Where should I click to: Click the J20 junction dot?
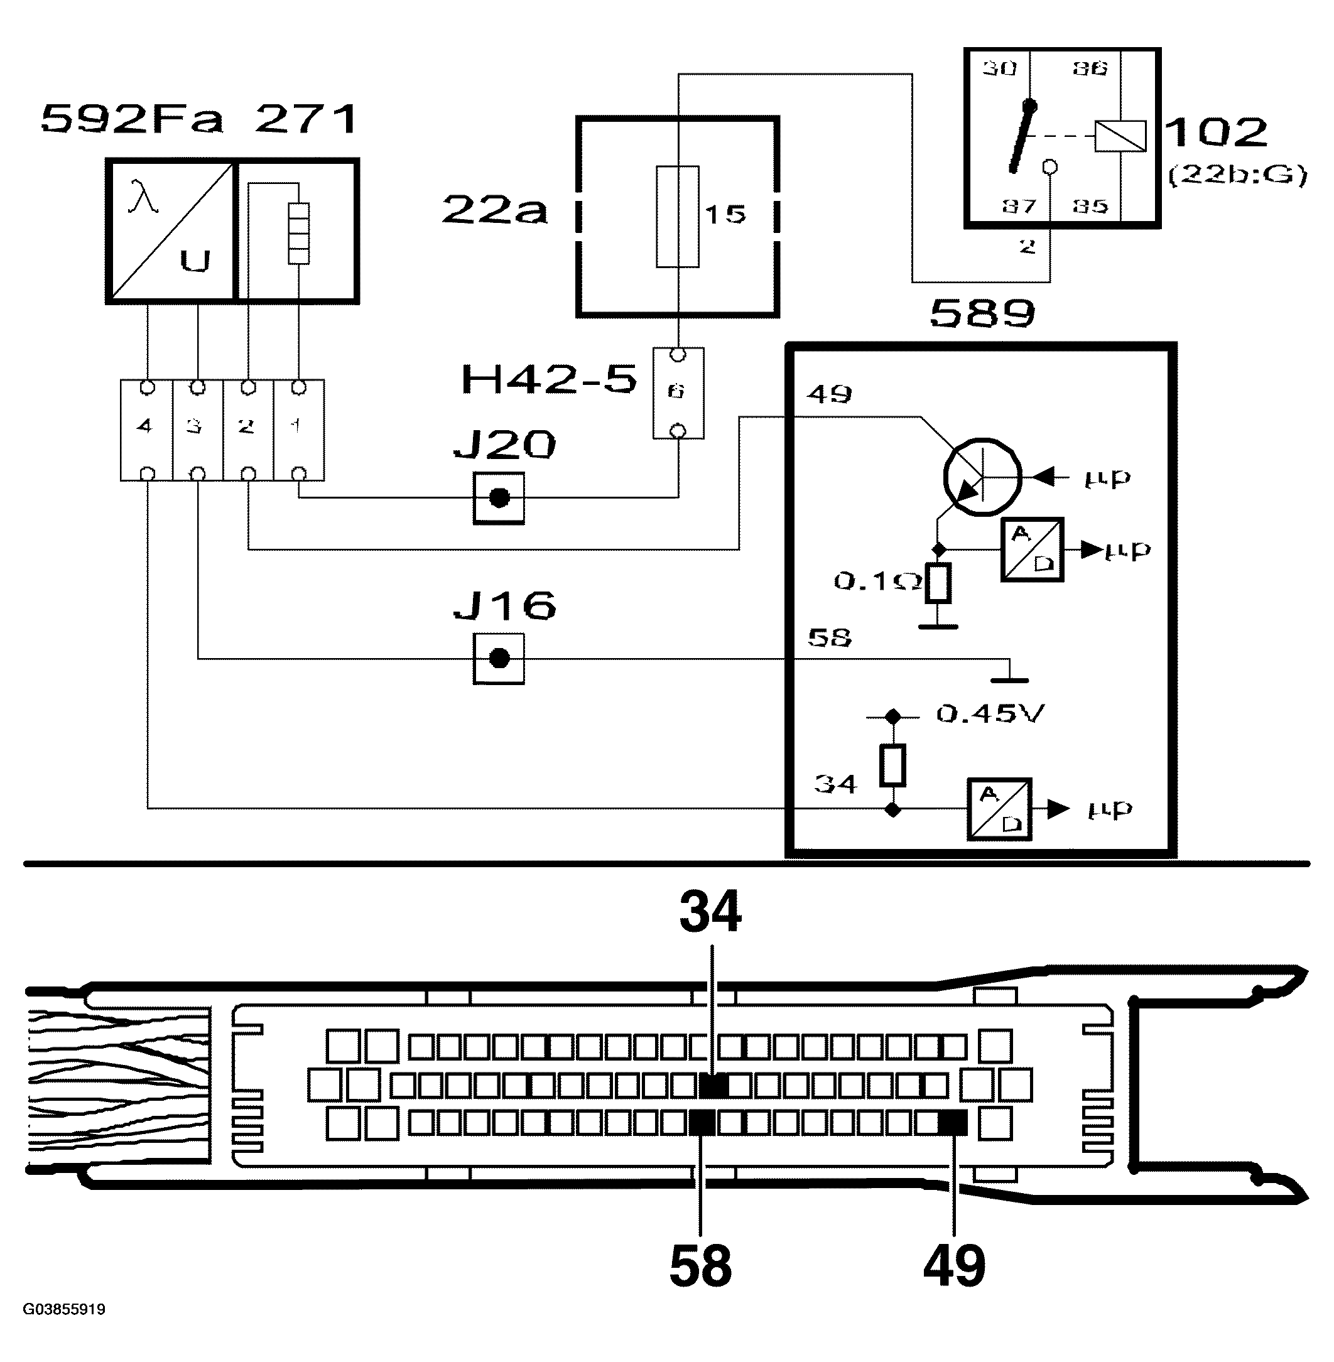[499, 497]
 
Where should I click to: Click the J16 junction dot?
[499, 659]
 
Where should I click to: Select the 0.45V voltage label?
[990, 714]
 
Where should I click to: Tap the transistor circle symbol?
[982, 478]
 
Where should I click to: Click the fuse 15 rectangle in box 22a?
[678, 217]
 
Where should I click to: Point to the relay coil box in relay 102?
[1120, 136]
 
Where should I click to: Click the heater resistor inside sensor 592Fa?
[298, 234]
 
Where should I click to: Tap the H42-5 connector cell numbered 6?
[678, 392]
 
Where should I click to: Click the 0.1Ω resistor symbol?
[938, 583]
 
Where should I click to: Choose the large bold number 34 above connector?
[710, 912]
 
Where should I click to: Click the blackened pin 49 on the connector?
[952, 1123]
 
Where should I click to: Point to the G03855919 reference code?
[64, 1309]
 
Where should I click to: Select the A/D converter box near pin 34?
[999, 809]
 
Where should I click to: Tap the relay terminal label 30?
[999, 68]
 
